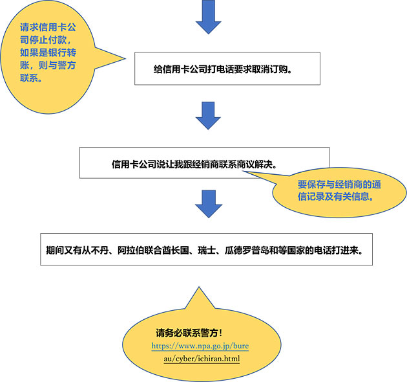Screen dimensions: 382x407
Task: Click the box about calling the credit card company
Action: pos(227,68)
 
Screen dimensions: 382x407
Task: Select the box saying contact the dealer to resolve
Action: pos(203,163)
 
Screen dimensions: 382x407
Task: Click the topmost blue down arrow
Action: pos(207,19)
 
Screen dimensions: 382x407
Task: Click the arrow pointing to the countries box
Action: pos(207,205)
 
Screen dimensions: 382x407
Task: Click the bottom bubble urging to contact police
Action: pos(196,339)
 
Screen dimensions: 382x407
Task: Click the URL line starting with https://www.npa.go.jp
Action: pos(200,346)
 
